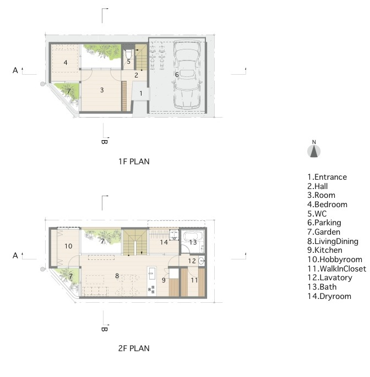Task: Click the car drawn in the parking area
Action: (187, 75)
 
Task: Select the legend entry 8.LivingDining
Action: (333, 241)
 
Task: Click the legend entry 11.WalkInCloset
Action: (337, 269)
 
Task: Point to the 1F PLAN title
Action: (134, 162)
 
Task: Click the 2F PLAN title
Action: (134, 348)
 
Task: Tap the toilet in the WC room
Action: (129, 53)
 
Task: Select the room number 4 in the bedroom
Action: (66, 63)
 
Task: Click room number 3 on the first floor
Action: (102, 90)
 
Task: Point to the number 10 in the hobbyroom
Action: (68, 246)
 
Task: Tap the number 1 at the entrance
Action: (141, 93)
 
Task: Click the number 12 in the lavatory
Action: (192, 260)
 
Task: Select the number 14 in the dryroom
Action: (164, 242)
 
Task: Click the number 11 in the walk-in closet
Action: (194, 280)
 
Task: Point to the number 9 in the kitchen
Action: (164, 280)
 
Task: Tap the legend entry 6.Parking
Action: (324, 223)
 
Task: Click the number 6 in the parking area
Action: (177, 75)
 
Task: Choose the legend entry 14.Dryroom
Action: (329, 296)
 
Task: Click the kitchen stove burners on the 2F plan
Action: (152, 289)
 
